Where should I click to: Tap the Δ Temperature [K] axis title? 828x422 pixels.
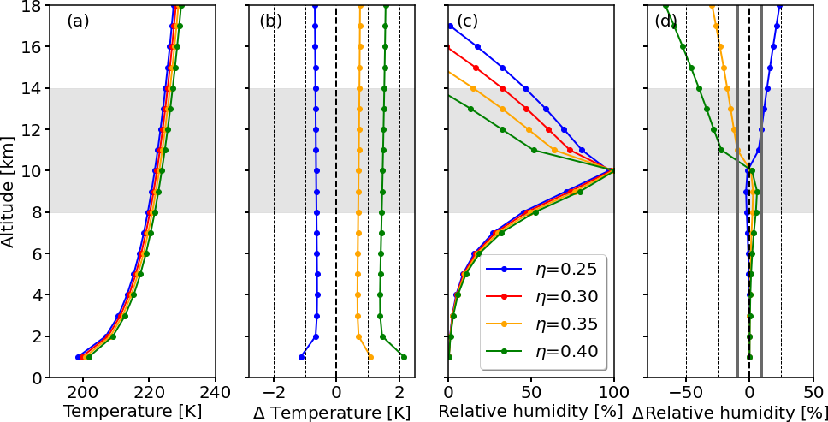(332, 412)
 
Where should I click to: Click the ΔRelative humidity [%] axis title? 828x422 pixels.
(729, 412)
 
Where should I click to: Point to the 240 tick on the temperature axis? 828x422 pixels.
(215, 391)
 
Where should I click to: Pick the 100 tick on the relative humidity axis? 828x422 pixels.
(613, 391)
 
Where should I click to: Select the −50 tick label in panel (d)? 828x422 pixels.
(684, 391)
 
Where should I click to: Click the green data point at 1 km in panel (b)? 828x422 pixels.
(404, 357)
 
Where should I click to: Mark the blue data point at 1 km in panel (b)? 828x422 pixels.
(301, 357)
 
